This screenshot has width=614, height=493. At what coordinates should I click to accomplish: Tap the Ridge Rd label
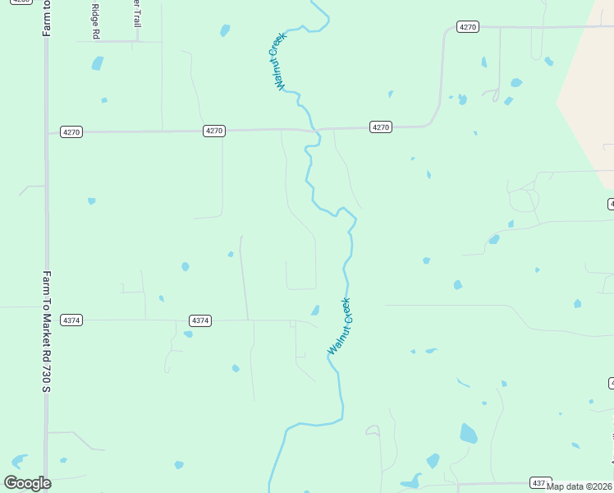(x=95, y=20)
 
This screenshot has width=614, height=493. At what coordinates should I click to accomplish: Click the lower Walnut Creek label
(x=339, y=326)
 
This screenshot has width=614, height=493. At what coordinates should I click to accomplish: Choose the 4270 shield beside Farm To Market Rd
(x=71, y=132)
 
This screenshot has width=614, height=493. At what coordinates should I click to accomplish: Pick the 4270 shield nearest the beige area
(x=467, y=27)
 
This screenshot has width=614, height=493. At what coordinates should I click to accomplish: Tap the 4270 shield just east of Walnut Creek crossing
(x=380, y=127)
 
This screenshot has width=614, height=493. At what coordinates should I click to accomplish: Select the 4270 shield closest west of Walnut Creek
(x=213, y=131)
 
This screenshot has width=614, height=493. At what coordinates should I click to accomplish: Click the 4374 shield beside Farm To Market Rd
(x=71, y=320)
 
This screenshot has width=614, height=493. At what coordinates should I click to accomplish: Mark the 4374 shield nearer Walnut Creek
(x=200, y=320)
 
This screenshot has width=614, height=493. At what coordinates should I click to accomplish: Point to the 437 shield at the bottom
(x=538, y=482)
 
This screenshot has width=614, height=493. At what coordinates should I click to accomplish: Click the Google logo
(x=27, y=483)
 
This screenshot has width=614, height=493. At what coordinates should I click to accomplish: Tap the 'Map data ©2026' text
(x=579, y=486)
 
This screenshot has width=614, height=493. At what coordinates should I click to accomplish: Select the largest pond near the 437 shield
(x=468, y=433)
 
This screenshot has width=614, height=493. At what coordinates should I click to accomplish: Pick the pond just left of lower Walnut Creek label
(x=314, y=310)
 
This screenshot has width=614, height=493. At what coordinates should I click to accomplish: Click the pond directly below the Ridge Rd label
(x=98, y=63)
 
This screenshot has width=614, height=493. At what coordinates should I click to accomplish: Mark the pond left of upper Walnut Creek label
(x=225, y=31)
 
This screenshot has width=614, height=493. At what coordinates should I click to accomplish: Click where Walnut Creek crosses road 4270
(x=312, y=130)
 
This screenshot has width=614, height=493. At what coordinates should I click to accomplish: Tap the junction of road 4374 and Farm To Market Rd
(x=46, y=320)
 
